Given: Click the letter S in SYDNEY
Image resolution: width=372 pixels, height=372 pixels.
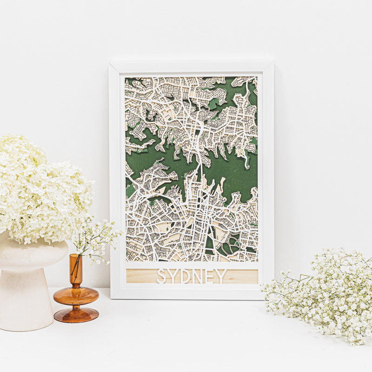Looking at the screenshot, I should click(161, 276).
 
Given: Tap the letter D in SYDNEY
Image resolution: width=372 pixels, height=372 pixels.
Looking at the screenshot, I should click(185, 276).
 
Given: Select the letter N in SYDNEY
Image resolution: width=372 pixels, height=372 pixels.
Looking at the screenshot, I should click(197, 276).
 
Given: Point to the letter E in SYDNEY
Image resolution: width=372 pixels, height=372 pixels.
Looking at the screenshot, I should click(209, 276).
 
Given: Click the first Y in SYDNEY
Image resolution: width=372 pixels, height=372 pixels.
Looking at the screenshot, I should click(173, 276).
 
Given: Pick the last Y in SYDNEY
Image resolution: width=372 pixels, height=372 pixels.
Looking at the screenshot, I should click(221, 276).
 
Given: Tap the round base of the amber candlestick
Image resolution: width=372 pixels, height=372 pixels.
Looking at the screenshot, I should click(76, 315).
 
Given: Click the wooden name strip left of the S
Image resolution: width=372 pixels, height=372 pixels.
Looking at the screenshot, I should click(139, 276).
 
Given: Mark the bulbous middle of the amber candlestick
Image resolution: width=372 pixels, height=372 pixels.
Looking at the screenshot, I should click(76, 295).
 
